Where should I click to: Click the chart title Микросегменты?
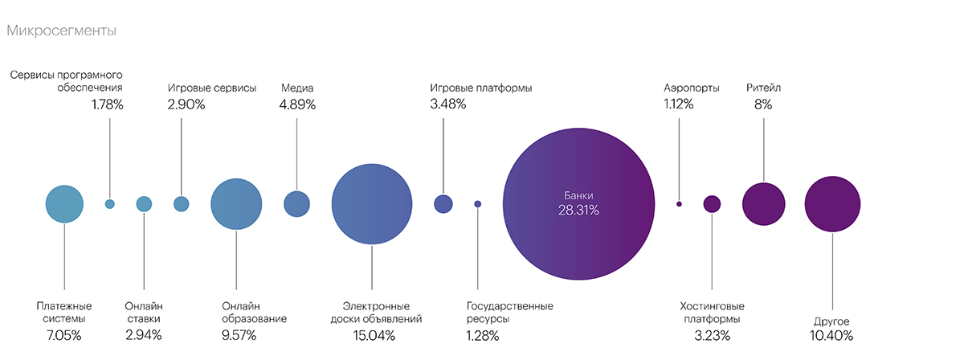61,31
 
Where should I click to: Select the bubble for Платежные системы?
64,204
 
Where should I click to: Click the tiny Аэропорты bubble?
679,204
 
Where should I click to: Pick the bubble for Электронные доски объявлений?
372,204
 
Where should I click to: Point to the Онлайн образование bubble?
236,204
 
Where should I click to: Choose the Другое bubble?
832,204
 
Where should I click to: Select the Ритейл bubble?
763,204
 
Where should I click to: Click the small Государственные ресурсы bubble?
478,204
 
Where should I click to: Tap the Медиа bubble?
296,204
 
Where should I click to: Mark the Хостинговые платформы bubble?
712,204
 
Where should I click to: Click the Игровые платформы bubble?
443,204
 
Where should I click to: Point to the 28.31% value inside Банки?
578,211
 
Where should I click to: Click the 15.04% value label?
374,335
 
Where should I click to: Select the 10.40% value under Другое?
832,335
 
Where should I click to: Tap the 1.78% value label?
108,104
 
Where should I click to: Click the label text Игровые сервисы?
212,88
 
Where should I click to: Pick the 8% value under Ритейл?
763,104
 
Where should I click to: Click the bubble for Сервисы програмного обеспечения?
110,204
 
